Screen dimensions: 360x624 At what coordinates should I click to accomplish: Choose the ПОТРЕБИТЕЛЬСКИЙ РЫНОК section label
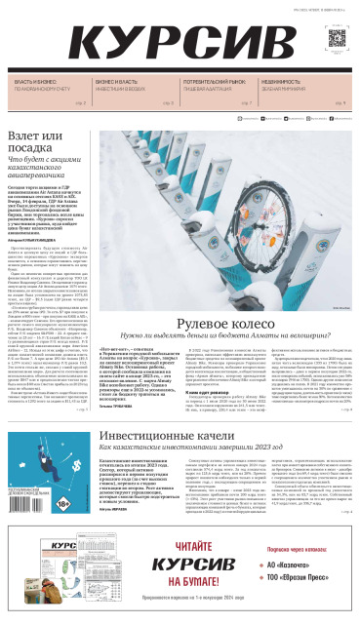208,83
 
